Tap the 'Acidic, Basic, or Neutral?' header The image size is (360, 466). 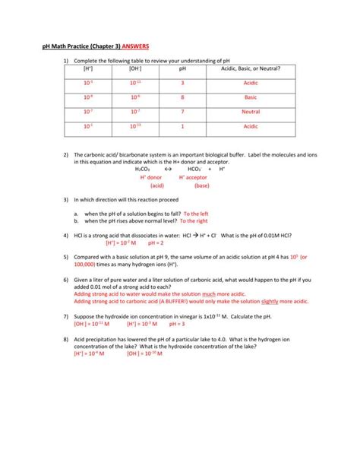pyautogui.click(x=251, y=68)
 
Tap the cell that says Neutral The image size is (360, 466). pyautogui.click(x=251, y=112)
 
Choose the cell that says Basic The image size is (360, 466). pyautogui.click(x=251, y=97)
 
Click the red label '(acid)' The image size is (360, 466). pyautogui.click(x=157, y=185)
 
